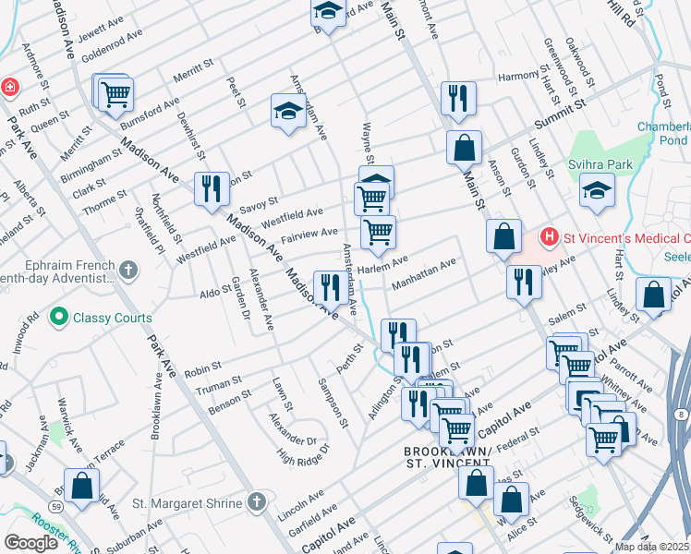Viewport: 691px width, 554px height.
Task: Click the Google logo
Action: [x=30, y=543]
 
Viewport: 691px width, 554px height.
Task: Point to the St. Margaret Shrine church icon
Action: [x=257, y=502]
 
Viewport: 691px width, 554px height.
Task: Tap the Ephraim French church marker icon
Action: [x=128, y=271]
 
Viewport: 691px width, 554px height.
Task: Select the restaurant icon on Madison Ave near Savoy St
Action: [x=212, y=187]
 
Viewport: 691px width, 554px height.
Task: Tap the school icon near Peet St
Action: [x=288, y=111]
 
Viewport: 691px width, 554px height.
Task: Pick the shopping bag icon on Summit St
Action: [x=464, y=146]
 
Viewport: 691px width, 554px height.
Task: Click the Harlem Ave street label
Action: [x=382, y=267]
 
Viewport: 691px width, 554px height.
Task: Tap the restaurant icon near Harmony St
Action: [x=458, y=97]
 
